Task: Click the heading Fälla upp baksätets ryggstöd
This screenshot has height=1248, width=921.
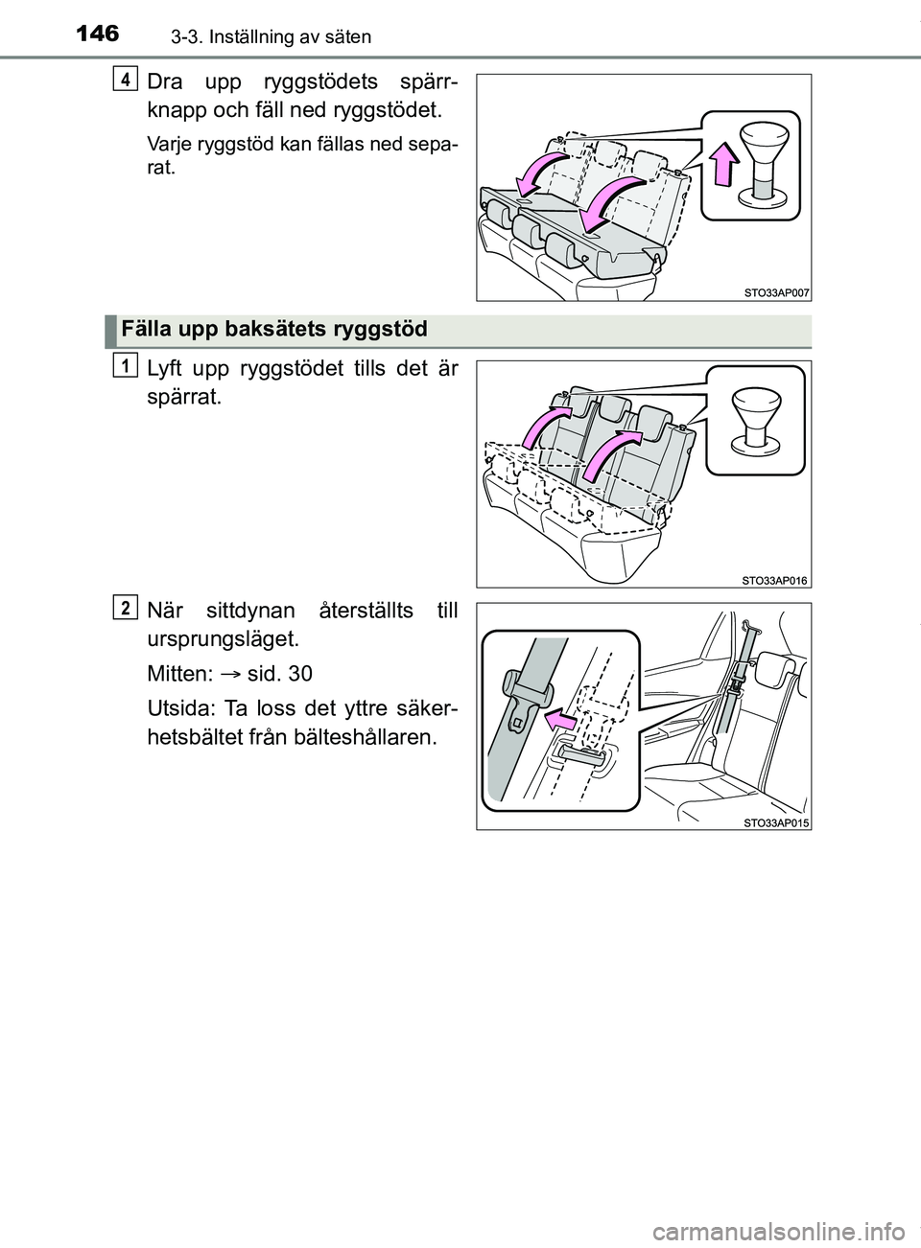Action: coord(274,330)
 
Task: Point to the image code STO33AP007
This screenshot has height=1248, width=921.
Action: coord(774,292)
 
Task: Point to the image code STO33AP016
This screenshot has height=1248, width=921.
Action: coord(774,578)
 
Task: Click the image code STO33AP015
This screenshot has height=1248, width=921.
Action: coord(774,820)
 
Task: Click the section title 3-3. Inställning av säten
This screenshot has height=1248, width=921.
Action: coord(249,37)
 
